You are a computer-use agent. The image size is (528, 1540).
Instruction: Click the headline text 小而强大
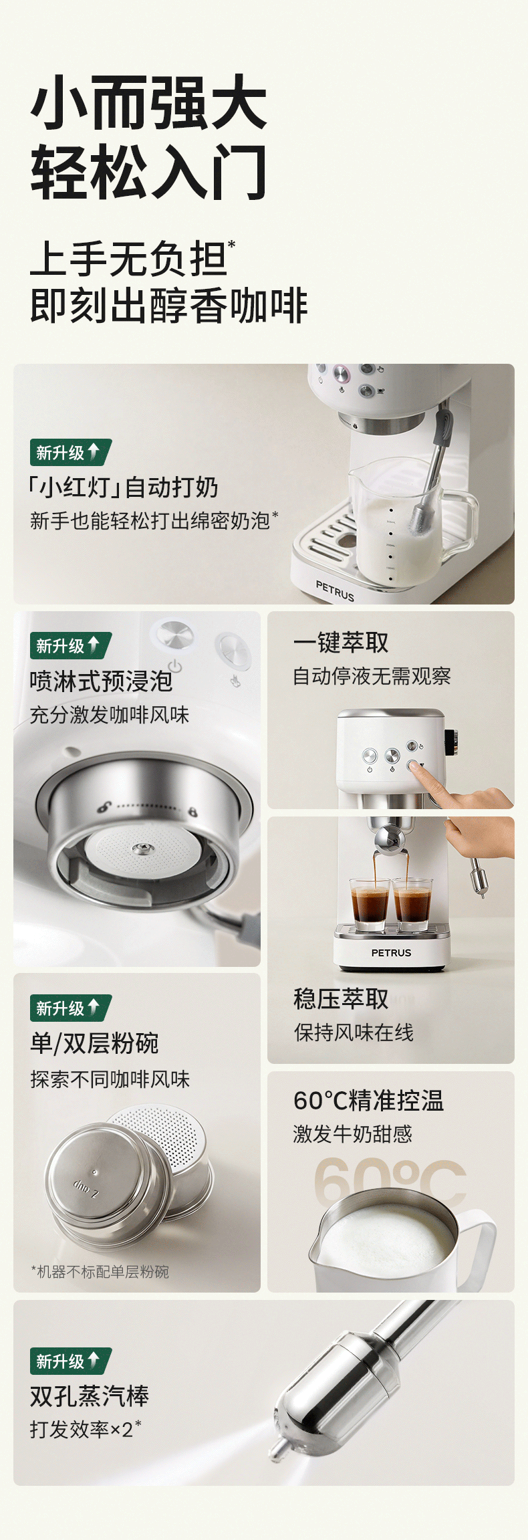click(148, 102)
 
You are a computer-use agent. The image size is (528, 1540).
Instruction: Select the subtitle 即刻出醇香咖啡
click(168, 306)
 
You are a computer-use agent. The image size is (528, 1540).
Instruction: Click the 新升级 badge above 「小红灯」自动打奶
click(70, 453)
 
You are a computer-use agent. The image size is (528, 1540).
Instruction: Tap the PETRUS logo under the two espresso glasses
click(391, 953)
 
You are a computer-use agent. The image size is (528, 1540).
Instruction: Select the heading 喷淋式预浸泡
click(101, 681)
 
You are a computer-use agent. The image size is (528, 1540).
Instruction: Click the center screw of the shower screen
click(141, 849)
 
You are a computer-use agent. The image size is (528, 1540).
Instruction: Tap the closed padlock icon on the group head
click(192, 811)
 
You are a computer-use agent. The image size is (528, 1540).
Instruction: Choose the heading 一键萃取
click(341, 643)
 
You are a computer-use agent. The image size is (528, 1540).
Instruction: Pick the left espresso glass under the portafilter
click(370, 904)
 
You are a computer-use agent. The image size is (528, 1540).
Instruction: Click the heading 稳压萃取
click(341, 999)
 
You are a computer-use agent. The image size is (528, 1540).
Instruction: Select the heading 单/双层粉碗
click(94, 1043)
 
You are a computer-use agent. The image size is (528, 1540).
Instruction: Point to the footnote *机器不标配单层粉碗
click(100, 1272)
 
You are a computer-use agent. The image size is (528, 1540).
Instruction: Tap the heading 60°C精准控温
click(368, 1101)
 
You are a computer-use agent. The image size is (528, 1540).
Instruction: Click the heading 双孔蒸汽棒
click(90, 1396)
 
